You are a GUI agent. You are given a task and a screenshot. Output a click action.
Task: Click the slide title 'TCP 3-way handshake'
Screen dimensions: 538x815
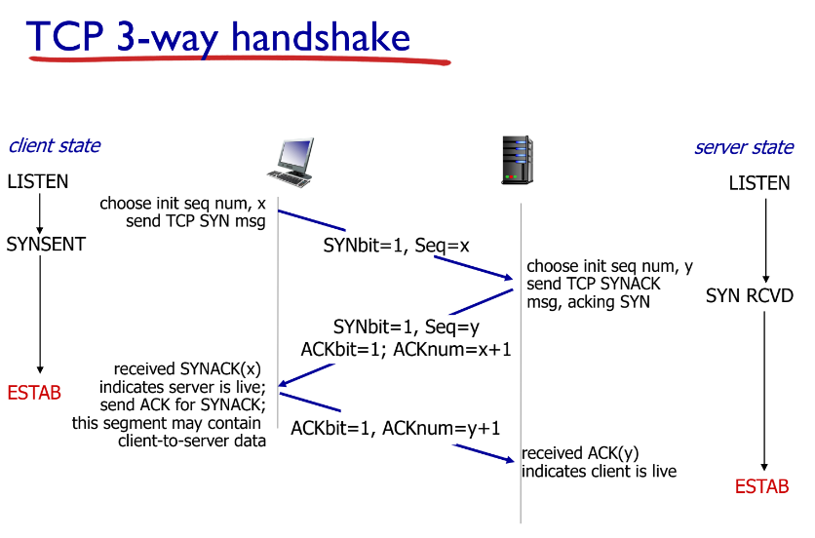pos(219,36)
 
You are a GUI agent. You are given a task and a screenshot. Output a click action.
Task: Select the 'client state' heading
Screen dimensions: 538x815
pos(54,146)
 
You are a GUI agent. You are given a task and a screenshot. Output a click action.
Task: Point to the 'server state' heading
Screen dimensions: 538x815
pos(744,148)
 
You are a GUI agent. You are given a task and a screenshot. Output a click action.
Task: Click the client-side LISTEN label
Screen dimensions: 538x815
pos(38,181)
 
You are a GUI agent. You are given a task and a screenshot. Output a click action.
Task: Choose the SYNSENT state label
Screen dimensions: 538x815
pos(46,245)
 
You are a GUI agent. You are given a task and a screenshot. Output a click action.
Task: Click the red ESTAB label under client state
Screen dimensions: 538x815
pos(34,393)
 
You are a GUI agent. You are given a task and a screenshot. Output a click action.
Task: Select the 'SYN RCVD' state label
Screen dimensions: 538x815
pos(750,295)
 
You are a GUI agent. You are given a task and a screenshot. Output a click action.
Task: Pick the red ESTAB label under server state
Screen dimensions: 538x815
pos(761,486)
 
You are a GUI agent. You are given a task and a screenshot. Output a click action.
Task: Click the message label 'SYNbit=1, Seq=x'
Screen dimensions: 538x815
pos(397,246)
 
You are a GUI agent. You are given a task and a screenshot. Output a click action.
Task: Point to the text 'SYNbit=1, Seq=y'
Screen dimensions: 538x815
pos(406,327)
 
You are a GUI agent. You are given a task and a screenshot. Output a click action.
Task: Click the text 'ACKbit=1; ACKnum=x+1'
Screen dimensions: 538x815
pos(407,349)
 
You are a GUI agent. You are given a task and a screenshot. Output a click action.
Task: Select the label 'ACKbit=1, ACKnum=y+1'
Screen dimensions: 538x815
pos(396,427)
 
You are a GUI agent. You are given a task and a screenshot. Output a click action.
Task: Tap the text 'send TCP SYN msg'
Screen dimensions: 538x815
pos(196,221)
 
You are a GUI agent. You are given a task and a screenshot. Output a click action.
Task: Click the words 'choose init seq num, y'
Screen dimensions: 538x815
pos(610,266)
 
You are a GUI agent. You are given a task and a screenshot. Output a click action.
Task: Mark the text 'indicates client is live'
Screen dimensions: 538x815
pos(599,472)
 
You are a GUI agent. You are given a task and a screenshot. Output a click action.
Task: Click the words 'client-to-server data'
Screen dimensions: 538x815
pos(192,441)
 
